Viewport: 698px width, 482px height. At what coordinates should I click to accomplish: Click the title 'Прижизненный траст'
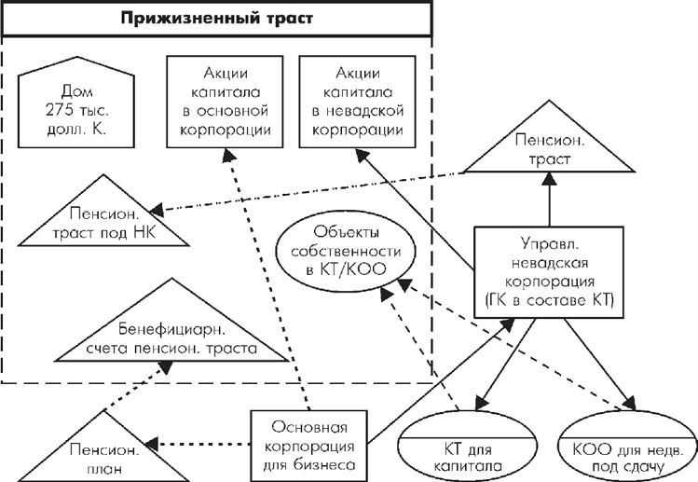point(215,18)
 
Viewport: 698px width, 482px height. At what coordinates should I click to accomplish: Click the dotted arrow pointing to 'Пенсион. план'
point(200,446)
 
